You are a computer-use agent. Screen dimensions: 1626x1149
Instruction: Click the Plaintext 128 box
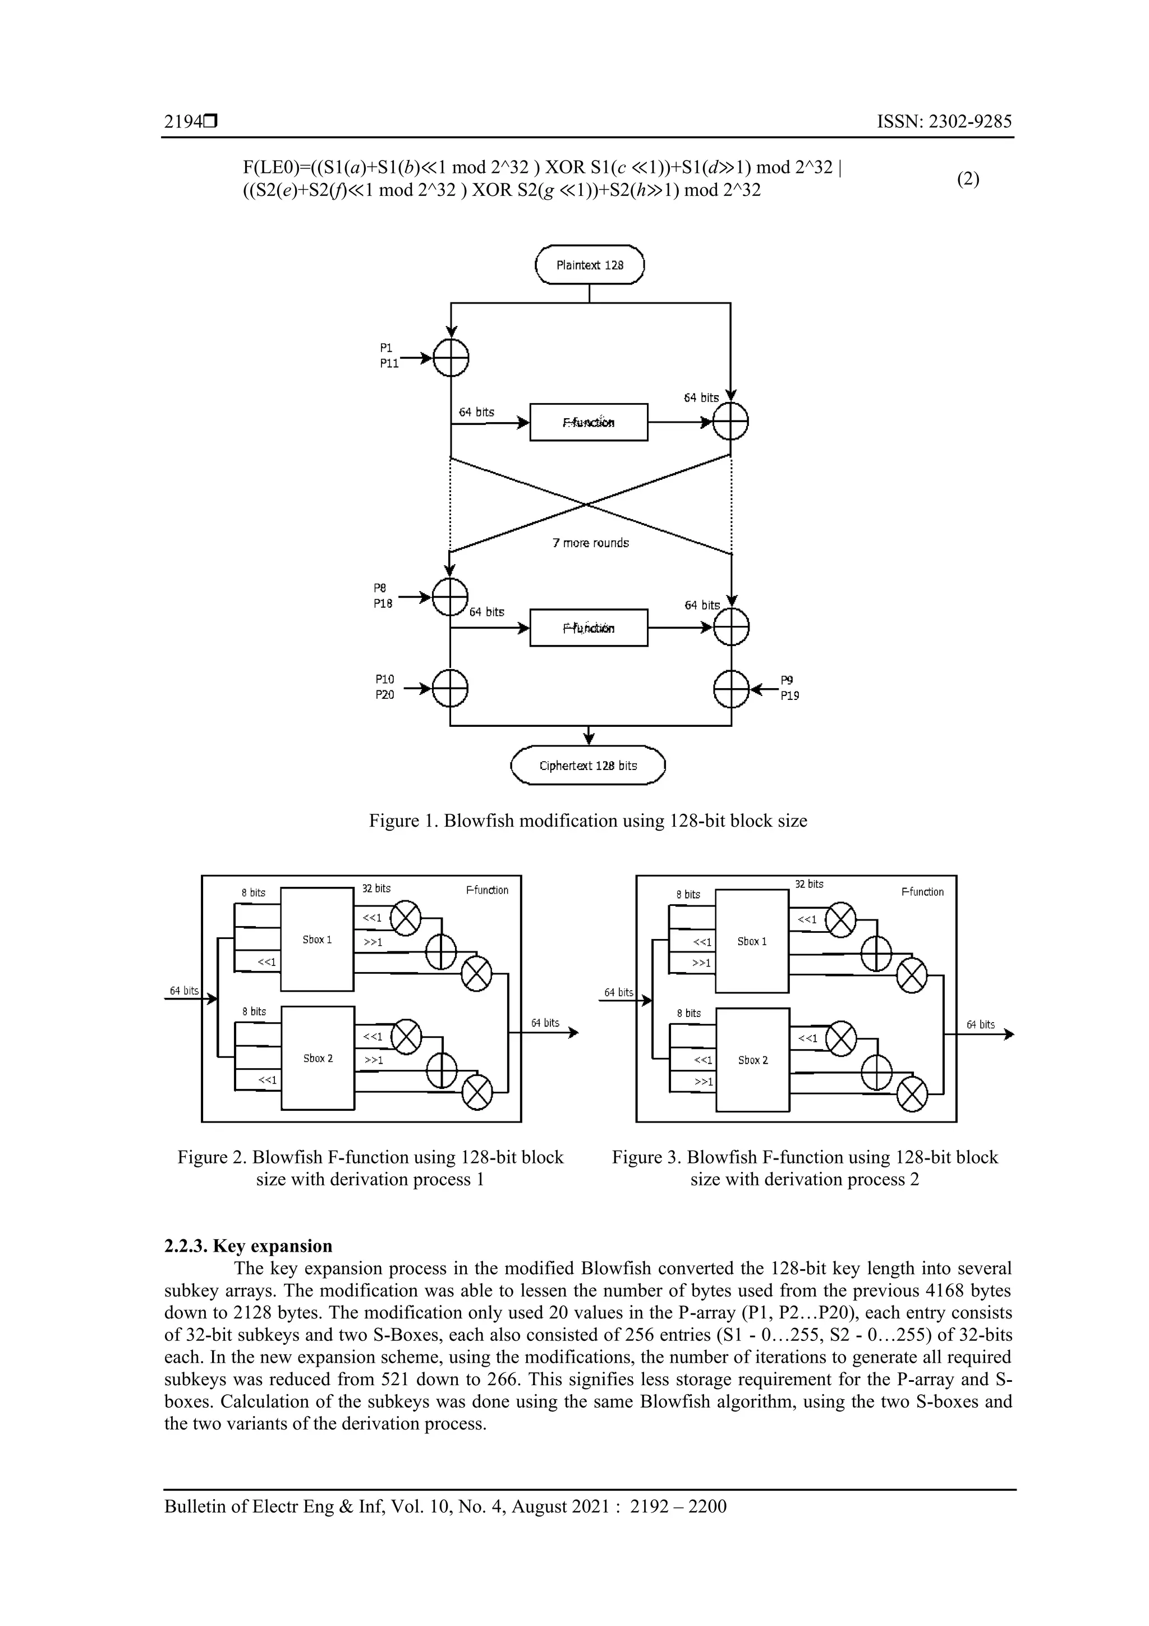tap(589, 265)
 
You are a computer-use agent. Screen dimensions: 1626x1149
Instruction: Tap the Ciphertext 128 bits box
tap(589, 766)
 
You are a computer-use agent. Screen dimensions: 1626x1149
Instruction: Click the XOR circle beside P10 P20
tap(451, 688)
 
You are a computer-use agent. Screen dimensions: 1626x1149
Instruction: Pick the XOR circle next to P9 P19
tap(732, 688)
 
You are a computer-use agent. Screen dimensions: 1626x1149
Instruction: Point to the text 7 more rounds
tap(590, 543)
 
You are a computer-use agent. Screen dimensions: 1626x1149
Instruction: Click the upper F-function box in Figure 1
tap(589, 422)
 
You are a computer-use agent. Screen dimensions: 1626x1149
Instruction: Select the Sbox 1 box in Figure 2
tap(317, 940)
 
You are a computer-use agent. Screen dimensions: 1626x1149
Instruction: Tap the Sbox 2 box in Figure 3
tap(752, 1060)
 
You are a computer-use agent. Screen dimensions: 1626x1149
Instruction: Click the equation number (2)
tap(968, 179)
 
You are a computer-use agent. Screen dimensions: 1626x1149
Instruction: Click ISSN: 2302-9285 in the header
tap(944, 122)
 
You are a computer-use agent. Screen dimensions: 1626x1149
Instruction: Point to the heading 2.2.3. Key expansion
tap(248, 1245)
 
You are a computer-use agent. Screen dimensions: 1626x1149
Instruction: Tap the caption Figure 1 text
tap(587, 821)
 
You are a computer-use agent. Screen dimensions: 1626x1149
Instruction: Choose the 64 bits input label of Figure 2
tap(184, 991)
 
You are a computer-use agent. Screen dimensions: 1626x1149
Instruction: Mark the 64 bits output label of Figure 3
tap(981, 1025)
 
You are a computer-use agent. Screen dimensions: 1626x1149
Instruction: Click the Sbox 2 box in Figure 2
tap(318, 1058)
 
